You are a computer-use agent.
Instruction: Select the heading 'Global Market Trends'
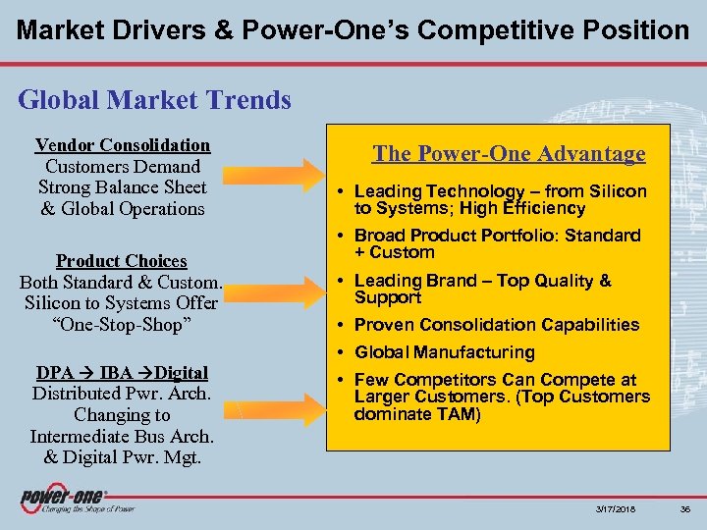pyautogui.click(x=155, y=100)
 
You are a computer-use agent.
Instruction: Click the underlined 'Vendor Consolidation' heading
pyautogui.click(x=122, y=145)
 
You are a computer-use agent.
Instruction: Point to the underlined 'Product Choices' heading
pyautogui.click(x=121, y=261)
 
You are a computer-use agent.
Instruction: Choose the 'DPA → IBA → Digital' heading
pyautogui.click(x=122, y=373)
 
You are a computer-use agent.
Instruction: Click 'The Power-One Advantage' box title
pyautogui.click(x=509, y=154)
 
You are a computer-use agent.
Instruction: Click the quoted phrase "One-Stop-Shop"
pyautogui.click(x=122, y=325)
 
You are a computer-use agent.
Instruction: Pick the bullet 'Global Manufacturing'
pyautogui.click(x=444, y=352)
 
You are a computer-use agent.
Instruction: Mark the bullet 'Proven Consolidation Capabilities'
pyautogui.click(x=496, y=325)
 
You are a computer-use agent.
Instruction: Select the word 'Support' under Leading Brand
pyautogui.click(x=387, y=297)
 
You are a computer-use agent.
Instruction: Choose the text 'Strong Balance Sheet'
pyautogui.click(x=122, y=187)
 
